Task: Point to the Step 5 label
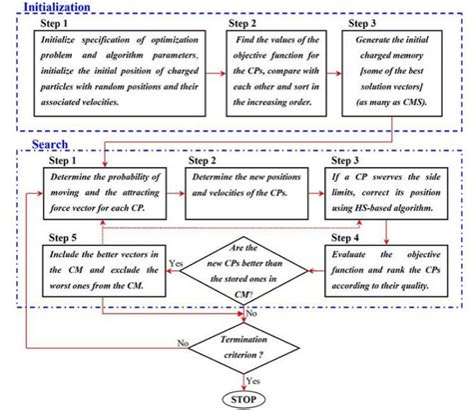tap(67, 238)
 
